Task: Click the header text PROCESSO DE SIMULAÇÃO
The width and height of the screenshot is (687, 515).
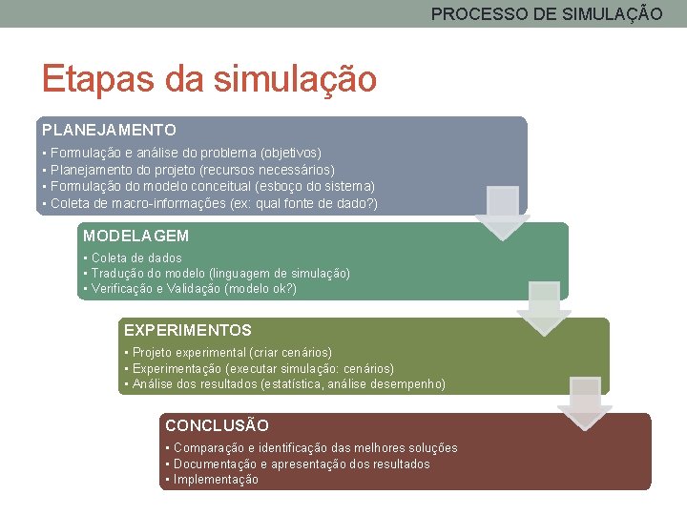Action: [547, 14]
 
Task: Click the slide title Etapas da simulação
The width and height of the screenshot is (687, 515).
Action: [208, 78]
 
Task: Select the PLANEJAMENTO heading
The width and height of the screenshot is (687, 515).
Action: [109, 129]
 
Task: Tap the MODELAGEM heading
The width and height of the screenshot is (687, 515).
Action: [135, 236]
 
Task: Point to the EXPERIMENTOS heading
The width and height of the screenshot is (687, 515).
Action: [188, 330]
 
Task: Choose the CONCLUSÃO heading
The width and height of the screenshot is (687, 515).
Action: [217, 425]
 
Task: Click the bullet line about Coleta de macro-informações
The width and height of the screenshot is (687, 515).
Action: [210, 204]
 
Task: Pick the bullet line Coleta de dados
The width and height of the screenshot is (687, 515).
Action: [133, 257]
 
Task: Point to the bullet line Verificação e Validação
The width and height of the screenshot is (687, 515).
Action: [190, 289]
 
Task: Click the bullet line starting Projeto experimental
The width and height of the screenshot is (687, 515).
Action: [228, 353]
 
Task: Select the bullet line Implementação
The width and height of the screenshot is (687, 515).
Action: [212, 480]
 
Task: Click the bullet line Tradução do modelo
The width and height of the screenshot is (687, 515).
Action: [217, 274]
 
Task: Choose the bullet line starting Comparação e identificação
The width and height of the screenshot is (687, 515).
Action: [311, 448]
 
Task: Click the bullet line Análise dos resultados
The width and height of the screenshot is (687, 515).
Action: [284, 384]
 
